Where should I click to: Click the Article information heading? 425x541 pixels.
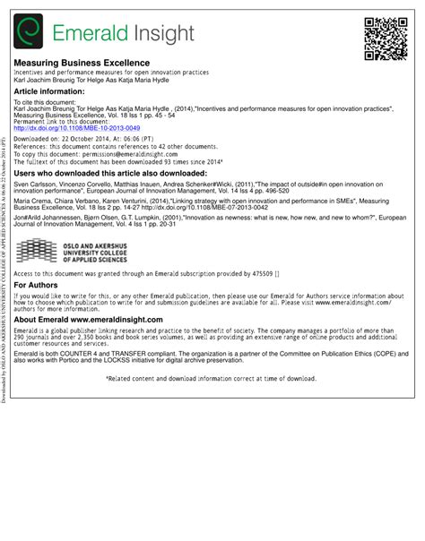50,91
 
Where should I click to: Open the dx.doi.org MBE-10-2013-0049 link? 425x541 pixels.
65,128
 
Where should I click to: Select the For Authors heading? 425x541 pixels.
37,285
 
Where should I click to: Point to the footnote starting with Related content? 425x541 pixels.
212,379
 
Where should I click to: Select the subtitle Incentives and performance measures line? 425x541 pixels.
111,72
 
